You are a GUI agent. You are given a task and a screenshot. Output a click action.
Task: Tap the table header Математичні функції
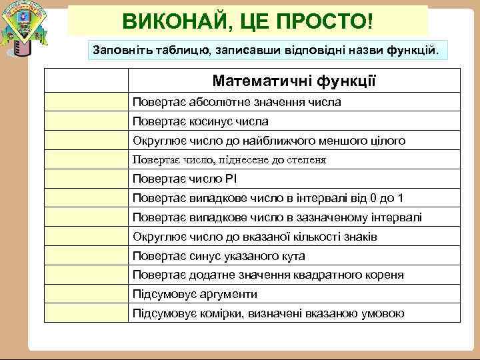click(294, 81)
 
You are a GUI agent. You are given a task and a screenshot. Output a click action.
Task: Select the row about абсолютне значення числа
click(237, 102)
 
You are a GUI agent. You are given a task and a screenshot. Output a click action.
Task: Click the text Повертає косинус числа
click(201, 121)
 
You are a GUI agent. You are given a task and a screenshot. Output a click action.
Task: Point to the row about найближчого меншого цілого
click(269, 141)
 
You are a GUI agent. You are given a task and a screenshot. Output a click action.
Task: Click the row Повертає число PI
click(185, 179)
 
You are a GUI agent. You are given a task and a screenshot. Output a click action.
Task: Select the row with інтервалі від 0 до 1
click(267, 198)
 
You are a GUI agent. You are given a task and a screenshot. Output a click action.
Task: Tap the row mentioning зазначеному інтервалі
click(277, 217)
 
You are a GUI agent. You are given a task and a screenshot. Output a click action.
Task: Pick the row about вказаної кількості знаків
click(255, 237)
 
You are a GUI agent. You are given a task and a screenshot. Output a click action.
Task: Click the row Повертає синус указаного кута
click(219, 256)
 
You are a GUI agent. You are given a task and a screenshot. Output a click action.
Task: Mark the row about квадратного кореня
click(268, 275)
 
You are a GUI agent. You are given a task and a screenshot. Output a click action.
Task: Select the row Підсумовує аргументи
click(195, 294)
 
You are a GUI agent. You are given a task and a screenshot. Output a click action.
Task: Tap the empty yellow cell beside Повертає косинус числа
click(86, 121)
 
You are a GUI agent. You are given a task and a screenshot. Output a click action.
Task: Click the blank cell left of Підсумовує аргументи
click(86, 294)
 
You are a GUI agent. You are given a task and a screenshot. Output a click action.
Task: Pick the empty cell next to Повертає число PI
click(86, 179)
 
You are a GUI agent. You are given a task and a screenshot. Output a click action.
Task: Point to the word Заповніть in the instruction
click(119, 50)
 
